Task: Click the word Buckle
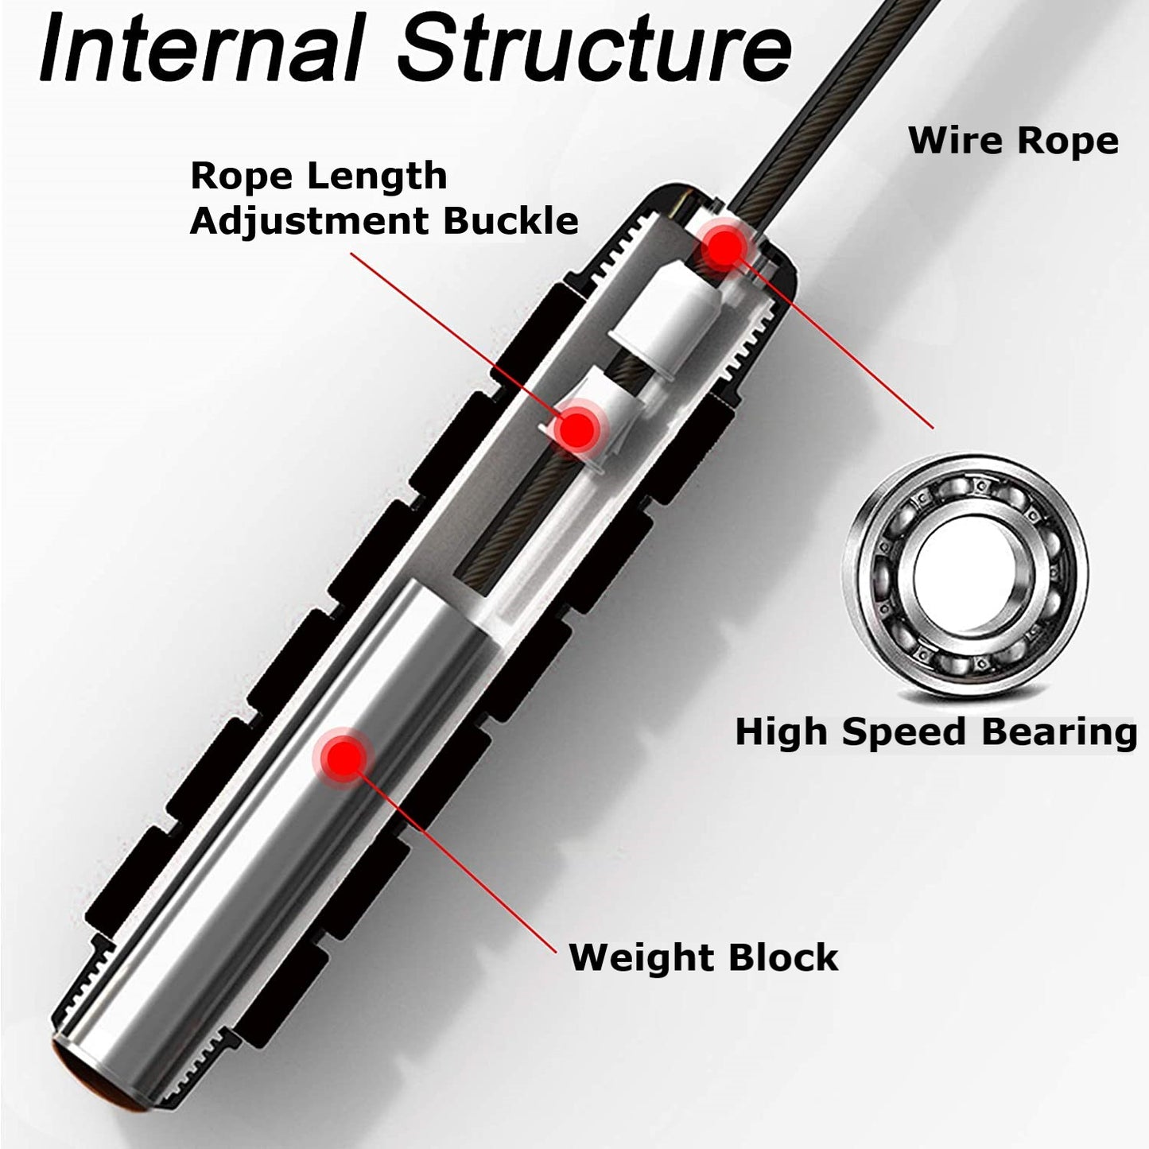click(510, 220)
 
